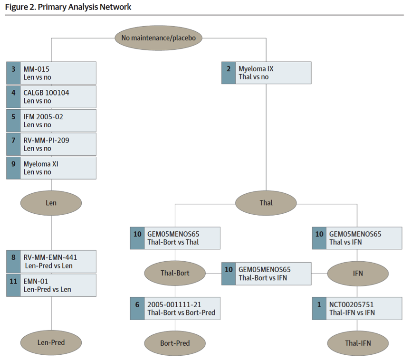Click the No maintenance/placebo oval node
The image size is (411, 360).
coord(158,38)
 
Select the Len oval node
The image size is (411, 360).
coord(51,203)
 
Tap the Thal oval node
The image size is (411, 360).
coord(266,203)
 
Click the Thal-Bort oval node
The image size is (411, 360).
coord(175,273)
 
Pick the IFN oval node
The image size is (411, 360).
coord(358,273)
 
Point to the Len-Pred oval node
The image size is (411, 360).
coord(51,342)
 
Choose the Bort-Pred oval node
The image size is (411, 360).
coord(175,343)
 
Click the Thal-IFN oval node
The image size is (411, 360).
coord(358,343)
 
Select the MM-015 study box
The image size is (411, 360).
coord(51,73)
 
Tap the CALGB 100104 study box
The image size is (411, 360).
coord(51,97)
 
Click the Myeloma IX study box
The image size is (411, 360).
coord(266,73)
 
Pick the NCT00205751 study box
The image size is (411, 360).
coord(357,308)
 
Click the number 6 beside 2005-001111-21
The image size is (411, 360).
coord(137,304)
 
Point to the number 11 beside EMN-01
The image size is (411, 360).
coord(13,281)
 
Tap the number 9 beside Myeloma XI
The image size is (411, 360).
coord(13,164)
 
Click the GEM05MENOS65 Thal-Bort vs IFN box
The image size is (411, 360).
coord(266,274)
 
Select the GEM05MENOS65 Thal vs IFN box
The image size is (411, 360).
coord(357,238)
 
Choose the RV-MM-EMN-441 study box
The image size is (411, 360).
coord(51,262)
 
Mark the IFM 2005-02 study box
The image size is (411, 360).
coord(51,121)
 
